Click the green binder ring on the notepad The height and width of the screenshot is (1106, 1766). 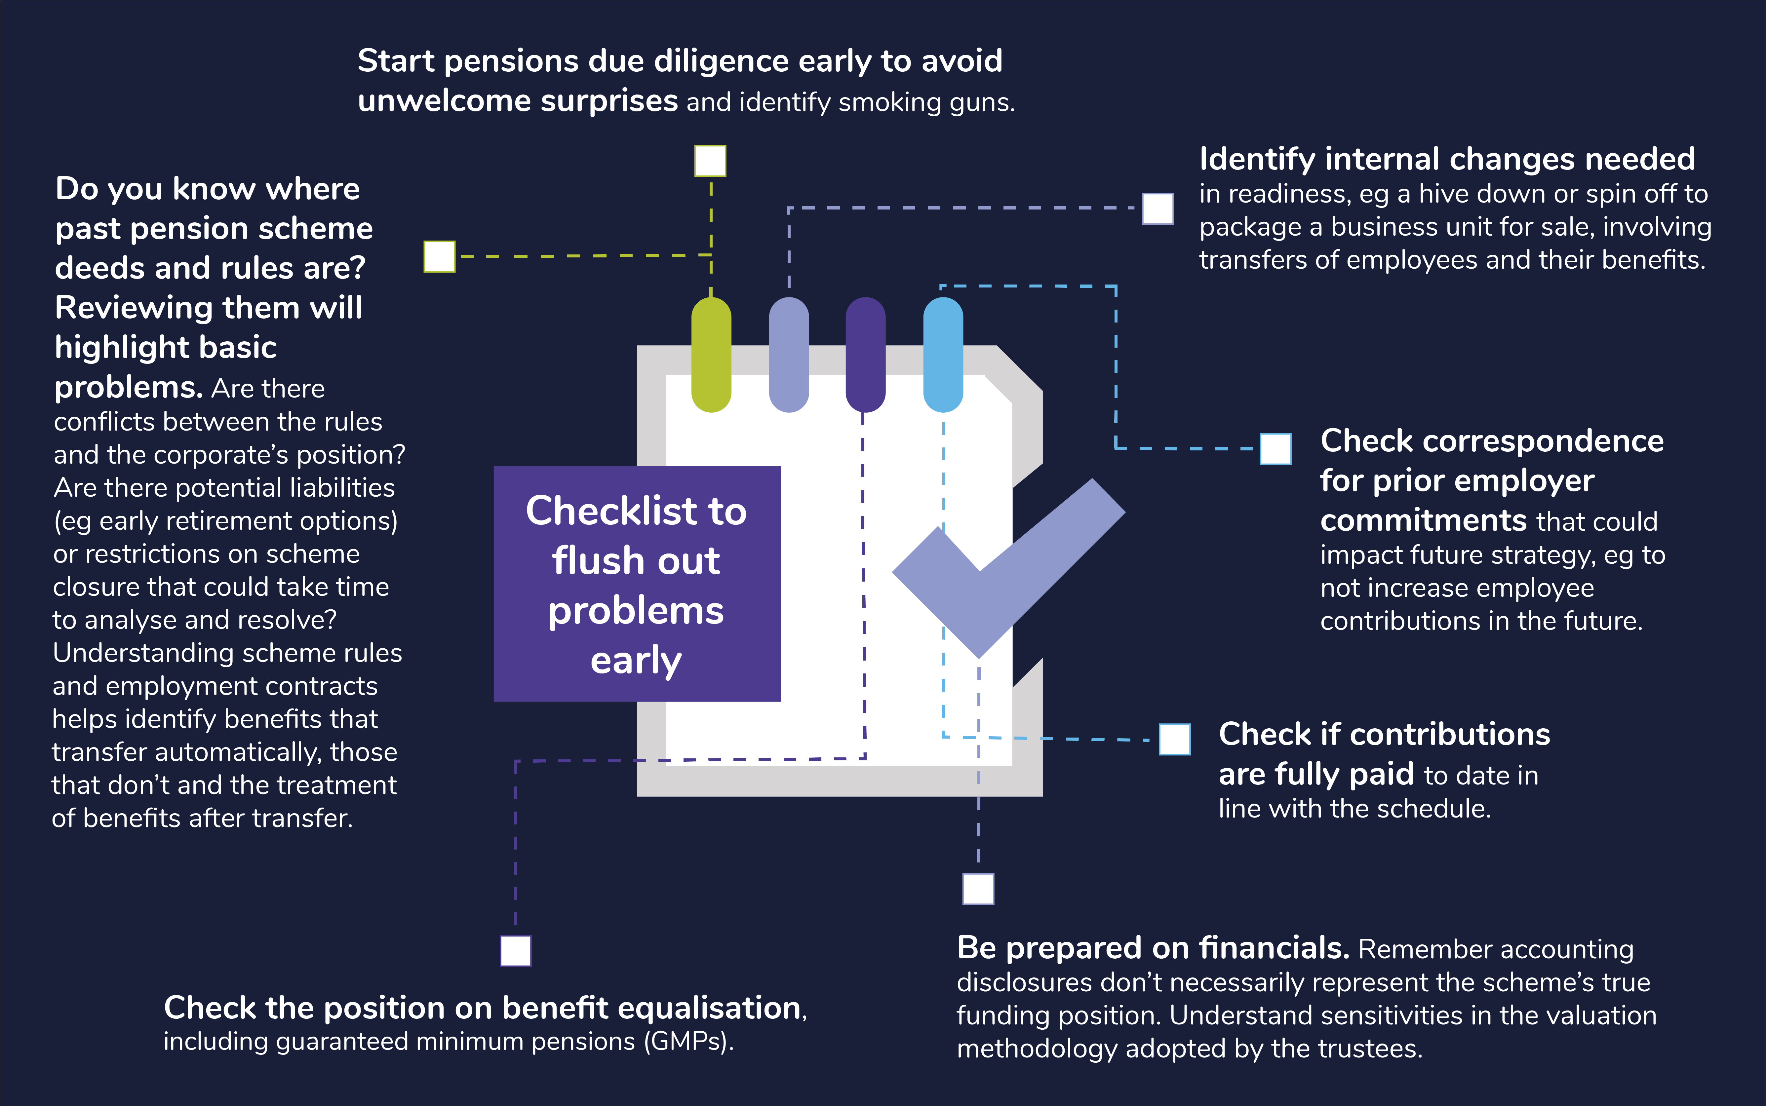pos(711,355)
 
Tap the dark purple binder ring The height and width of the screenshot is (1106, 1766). pos(865,355)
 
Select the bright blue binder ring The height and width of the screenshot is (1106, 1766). pos(943,355)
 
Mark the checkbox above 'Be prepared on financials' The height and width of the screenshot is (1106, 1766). pos(978,889)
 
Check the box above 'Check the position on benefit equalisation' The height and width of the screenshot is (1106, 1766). pos(516,950)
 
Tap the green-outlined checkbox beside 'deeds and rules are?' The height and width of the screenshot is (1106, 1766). pos(440,257)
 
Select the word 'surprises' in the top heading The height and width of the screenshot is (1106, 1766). pos(609,101)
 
